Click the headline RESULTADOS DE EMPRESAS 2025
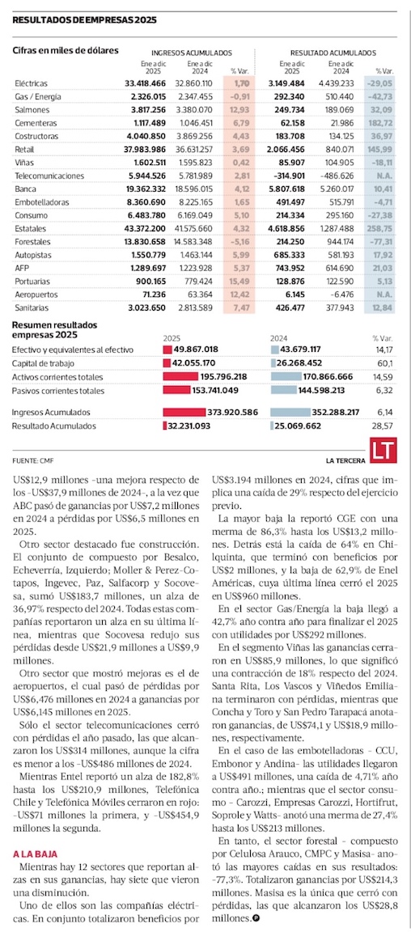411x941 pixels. [x=85, y=19]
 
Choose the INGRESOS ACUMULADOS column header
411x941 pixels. [x=191, y=53]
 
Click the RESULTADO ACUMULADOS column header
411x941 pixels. [x=333, y=53]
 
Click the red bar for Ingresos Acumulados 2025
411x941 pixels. [x=185, y=413]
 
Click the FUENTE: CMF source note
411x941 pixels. [x=29, y=461]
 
